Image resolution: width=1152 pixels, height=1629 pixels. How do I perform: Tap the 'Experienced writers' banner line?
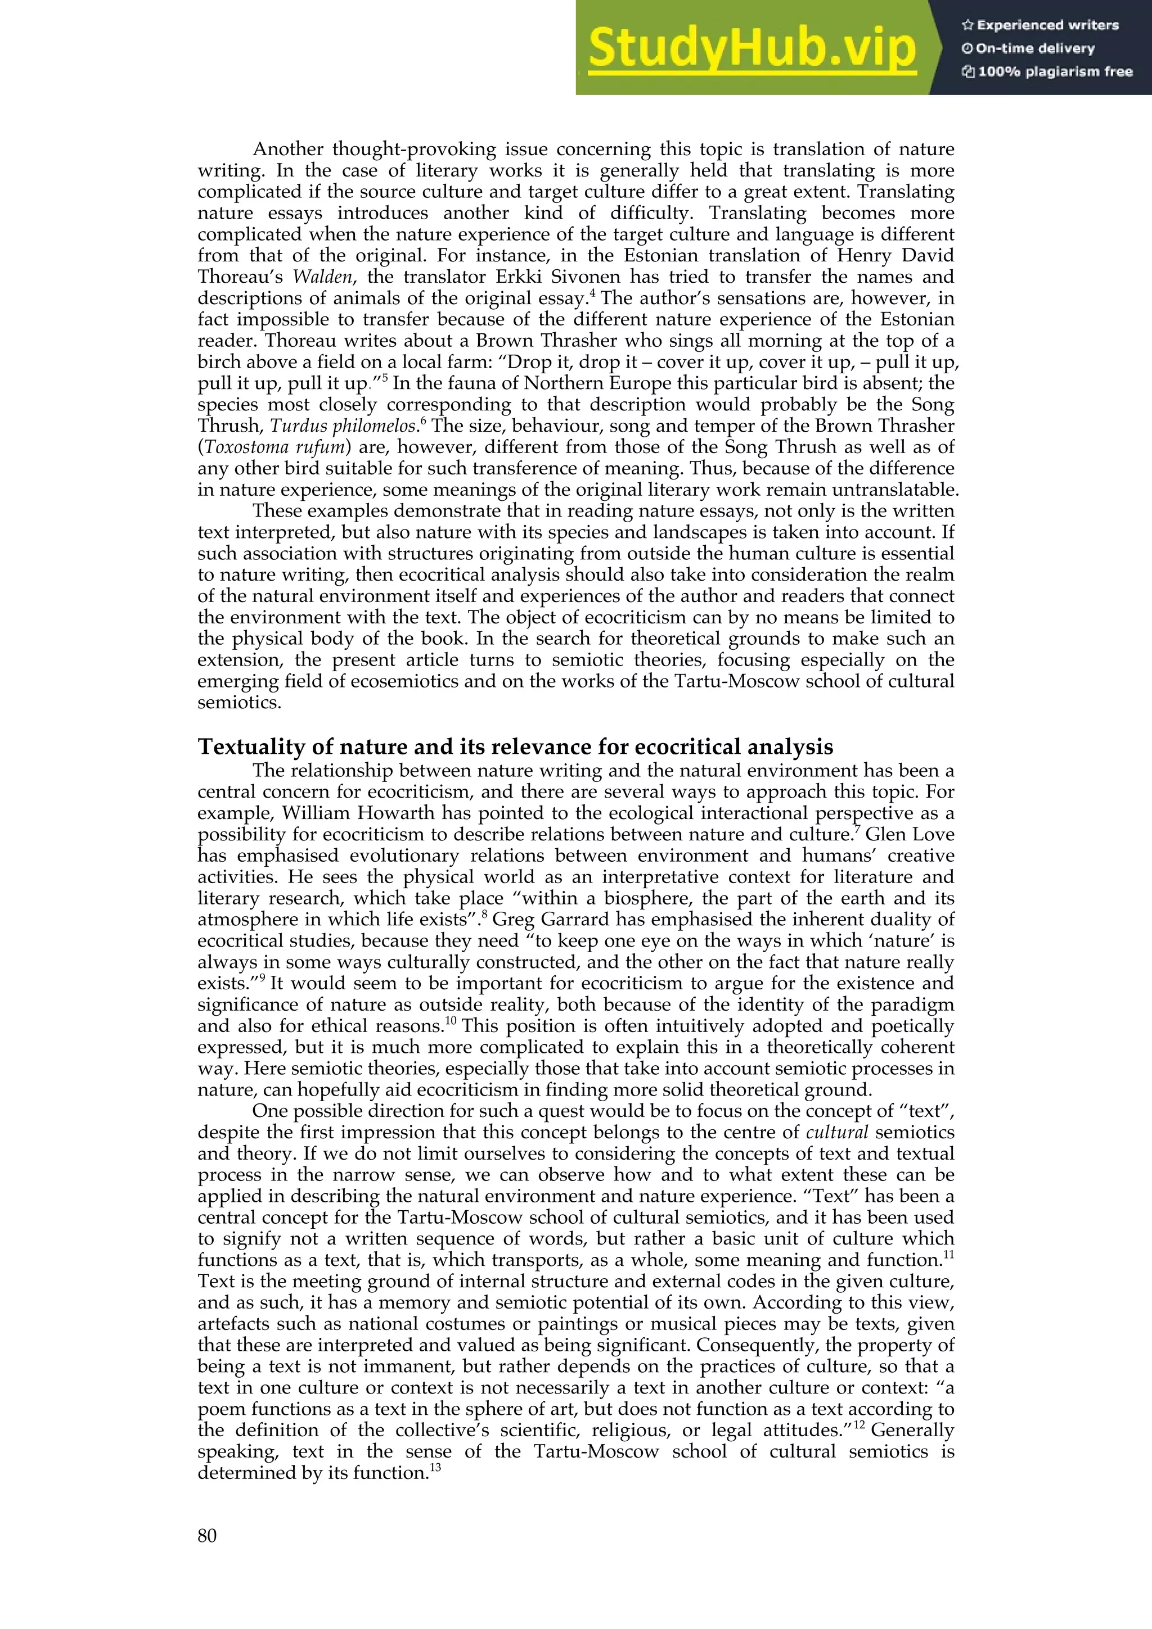click(x=1040, y=25)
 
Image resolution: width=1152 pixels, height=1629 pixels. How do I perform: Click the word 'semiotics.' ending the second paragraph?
click(x=239, y=703)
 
